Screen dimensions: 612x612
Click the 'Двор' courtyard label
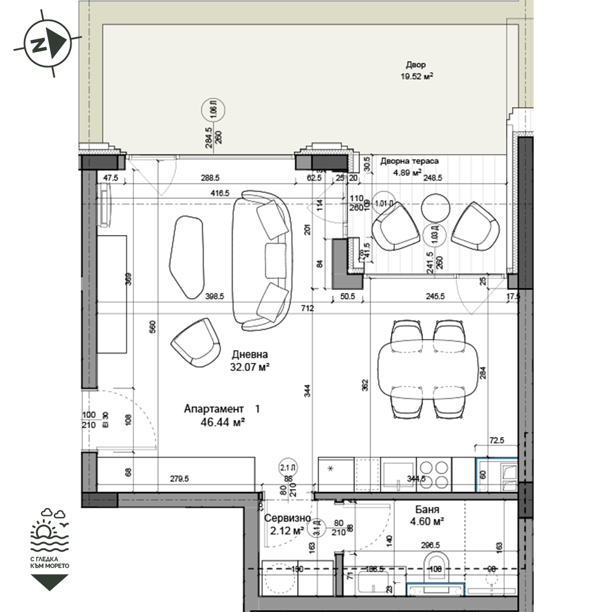[x=416, y=65]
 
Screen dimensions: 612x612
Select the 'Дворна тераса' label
[x=409, y=162]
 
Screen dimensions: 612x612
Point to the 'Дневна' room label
[x=250, y=354]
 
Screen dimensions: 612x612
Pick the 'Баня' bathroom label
[x=427, y=509]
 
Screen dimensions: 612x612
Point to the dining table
[x=428, y=370]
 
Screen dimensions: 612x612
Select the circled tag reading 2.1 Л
[x=286, y=468]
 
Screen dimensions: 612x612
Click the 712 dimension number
[x=307, y=308]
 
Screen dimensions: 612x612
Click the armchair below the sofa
[x=196, y=343]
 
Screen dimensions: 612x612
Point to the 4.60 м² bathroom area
[x=427, y=521]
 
